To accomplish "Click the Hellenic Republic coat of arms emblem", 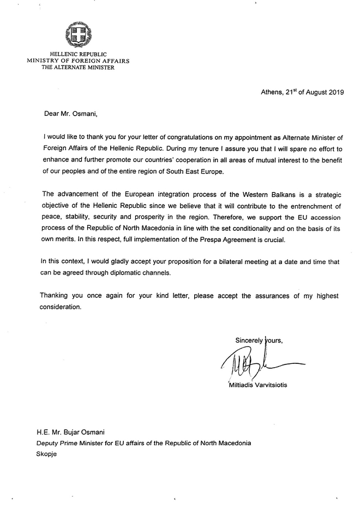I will click(x=78, y=35).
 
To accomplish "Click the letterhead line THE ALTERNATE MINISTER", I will click(x=78, y=68).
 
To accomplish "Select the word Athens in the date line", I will click(x=272, y=92).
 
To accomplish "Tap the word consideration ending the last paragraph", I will click(x=61, y=307).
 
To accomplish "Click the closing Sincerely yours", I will click(x=259, y=340).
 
